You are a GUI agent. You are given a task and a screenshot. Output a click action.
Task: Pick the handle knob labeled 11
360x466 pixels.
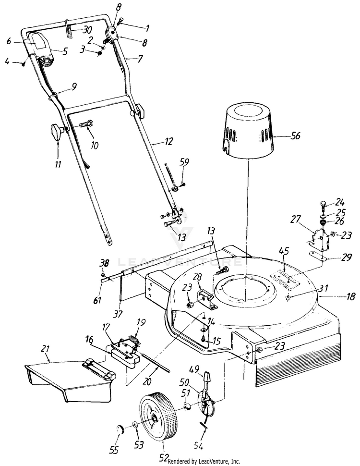coord(56,131)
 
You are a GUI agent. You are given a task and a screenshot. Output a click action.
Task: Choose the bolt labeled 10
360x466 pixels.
coord(86,125)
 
